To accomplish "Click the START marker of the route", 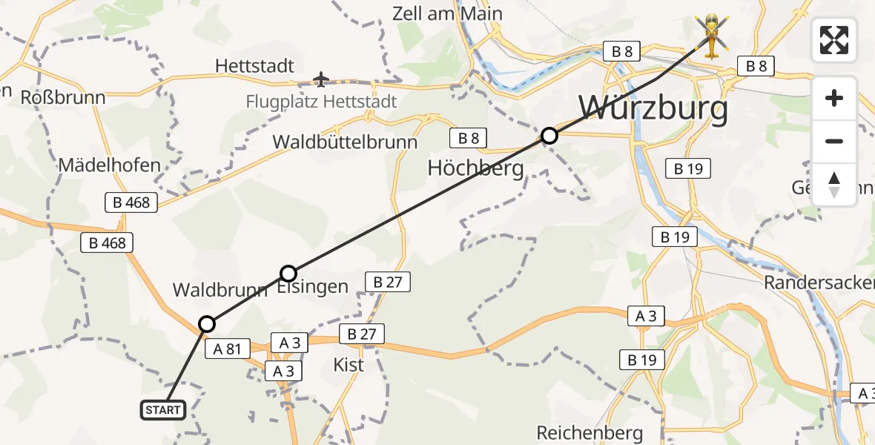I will (x=163, y=409).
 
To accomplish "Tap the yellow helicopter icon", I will (x=711, y=35).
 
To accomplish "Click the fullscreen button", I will (x=834, y=39).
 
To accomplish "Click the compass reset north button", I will (x=834, y=184).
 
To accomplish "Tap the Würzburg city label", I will (x=653, y=109).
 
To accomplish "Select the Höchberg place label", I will (x=475, y=168).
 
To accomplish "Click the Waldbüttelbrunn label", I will (x=345, y=142).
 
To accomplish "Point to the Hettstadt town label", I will (x=255, y=66).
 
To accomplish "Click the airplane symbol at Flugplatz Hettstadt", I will (x=320, y=79).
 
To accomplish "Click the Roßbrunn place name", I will (x=63, y=97).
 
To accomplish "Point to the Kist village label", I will (x=349, y=365).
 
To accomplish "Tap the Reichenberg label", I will (x=589, y=432).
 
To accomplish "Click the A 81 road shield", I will (x=228, y=349).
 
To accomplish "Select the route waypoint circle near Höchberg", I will (x=549, y=136).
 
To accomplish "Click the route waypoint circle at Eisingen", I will (x=288, y=273).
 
